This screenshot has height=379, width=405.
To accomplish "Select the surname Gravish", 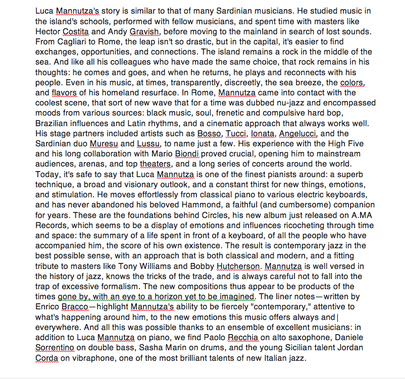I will (x=144, y=31).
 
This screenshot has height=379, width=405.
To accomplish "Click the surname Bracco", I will (x=75, y=307).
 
